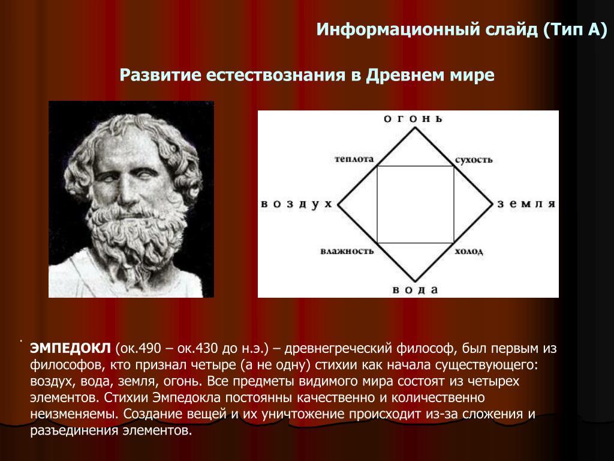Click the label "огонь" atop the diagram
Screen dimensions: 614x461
click(413, 119)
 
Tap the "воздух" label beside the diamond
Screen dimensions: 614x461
click(296, 204)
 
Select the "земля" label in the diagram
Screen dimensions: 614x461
click(526, 204)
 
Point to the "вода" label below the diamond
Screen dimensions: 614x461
click(415, 290)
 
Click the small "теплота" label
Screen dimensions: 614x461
click(354, 159)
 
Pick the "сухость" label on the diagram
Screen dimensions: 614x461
click(474, 160)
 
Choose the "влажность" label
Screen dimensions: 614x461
click(347, 251)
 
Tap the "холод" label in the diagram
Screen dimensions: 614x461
click(469, 252)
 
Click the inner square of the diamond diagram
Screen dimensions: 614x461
click(377, 204)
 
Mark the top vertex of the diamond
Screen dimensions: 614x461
click(415, 127)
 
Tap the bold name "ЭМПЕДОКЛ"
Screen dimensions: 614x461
click(71, 348)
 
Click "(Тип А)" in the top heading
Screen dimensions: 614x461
click(575, 30)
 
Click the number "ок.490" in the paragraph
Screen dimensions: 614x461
click(139, 349)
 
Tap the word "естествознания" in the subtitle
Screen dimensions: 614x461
click(276, 75)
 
